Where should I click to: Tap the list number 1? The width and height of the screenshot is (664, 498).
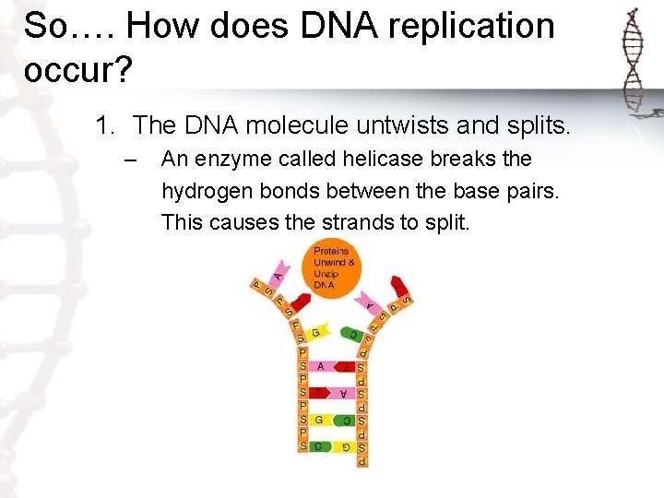pos(104,125)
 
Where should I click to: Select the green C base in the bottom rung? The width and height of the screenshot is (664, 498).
pos(319,446)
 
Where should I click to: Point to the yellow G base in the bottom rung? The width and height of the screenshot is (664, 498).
pos(343,446)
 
